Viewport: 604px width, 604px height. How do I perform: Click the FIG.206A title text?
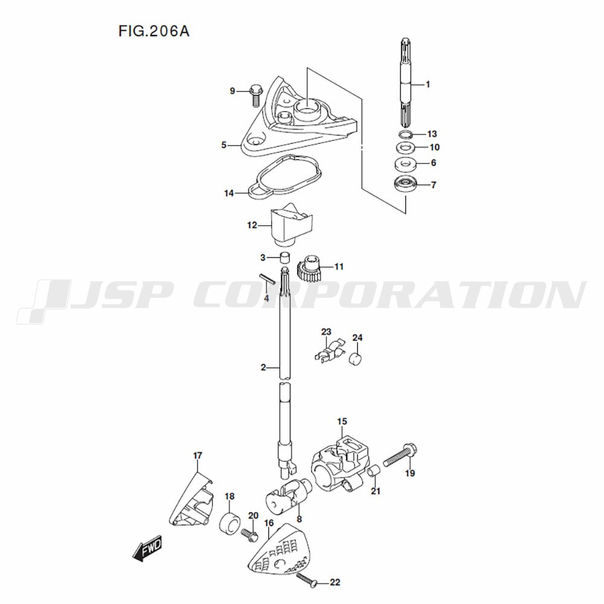153,31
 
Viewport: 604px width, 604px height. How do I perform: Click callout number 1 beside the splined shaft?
428,85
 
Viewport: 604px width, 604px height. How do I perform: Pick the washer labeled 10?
405,147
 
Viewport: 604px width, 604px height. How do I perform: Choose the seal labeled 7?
405,184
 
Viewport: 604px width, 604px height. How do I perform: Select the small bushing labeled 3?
284,257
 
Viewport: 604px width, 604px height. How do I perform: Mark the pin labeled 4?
266,278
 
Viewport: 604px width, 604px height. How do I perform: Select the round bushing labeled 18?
230,524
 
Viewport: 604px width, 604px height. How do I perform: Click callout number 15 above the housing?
342,422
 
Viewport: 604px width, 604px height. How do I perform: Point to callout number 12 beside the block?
252,225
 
